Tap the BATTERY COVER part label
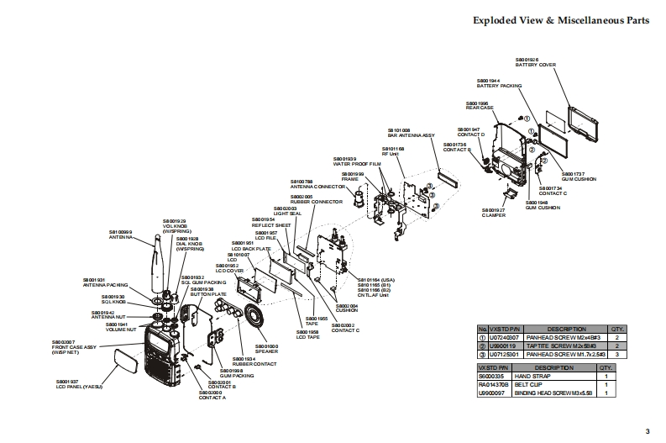(532, 65)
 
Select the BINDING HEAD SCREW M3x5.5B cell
(560, 392)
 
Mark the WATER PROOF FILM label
(357, 165)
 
